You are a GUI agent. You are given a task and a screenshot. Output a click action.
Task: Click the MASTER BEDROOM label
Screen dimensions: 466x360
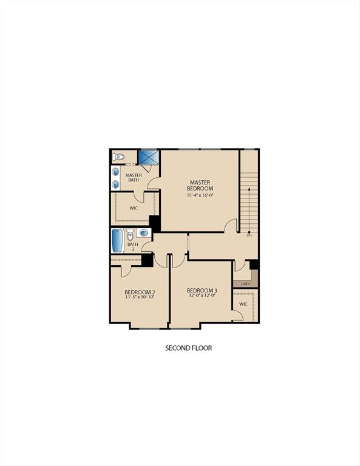pos(200,185)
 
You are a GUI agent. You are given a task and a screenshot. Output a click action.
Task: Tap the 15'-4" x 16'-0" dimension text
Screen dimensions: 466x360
pos(200,195)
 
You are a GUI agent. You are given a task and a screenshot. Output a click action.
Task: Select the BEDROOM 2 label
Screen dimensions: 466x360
pos(140,292)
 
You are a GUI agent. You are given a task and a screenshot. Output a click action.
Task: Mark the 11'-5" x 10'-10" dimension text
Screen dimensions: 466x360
pos(140,298)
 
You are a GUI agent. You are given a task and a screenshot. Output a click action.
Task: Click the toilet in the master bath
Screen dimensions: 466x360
pos(118,158)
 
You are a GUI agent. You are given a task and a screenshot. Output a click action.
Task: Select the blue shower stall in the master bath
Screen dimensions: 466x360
pos(149,157)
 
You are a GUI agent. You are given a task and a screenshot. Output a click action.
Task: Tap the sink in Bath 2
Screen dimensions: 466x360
pos(144,232)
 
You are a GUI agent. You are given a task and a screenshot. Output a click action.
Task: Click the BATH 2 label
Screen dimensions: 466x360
pos(132,247)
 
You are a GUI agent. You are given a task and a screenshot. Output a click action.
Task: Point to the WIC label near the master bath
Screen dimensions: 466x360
pos(134,208)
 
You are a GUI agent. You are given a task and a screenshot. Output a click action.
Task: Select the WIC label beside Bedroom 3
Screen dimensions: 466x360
pos(243,304)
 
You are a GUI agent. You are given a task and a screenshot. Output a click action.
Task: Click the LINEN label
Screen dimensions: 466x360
pos(245,283)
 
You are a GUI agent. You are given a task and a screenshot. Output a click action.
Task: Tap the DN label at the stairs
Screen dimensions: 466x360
pos(249,235)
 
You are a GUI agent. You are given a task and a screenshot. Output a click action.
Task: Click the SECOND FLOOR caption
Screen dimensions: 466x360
pos(189,348)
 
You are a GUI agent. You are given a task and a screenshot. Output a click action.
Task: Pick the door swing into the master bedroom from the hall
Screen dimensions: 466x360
pos(231,225)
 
